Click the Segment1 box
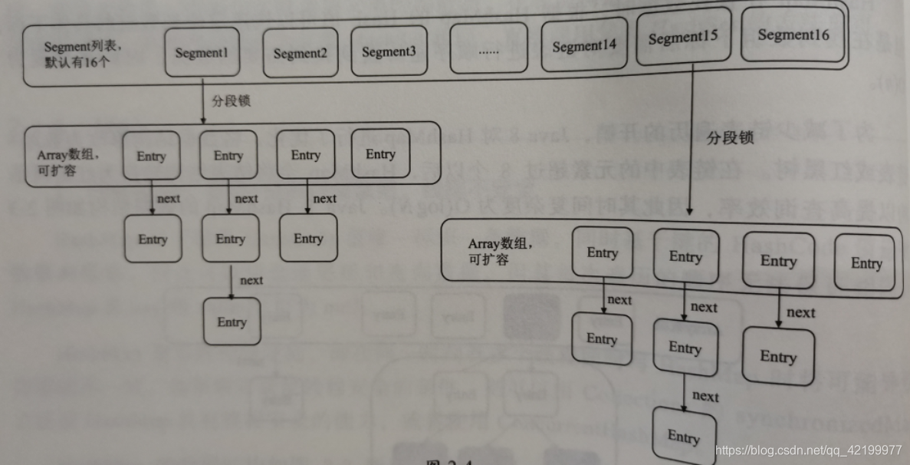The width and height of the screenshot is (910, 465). [x=202, y=53]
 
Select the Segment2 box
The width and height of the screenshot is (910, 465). [x=300, y=53]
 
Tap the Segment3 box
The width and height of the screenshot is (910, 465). [x=389, y=51]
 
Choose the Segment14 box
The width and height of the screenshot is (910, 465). [x=584, y=45]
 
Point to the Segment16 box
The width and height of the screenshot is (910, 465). [x=793, y=35]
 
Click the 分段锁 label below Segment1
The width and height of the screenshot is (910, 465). [x=231, y=101]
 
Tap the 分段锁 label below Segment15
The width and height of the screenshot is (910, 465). [x=729, y=138]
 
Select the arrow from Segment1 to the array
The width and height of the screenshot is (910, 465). [x=202, y=104]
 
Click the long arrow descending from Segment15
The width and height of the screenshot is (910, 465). [x=692, y=138]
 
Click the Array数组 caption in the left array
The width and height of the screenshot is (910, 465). [x=70, y=163]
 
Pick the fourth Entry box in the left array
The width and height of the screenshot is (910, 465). [x=379, y=155]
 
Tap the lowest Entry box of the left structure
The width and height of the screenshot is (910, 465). [x=231, y=322]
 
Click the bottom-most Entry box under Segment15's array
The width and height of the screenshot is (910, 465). [x=682, y=437]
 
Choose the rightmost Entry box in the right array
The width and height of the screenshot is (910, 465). [x=865, y=263]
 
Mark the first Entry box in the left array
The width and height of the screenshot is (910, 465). [x=151, y=156]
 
